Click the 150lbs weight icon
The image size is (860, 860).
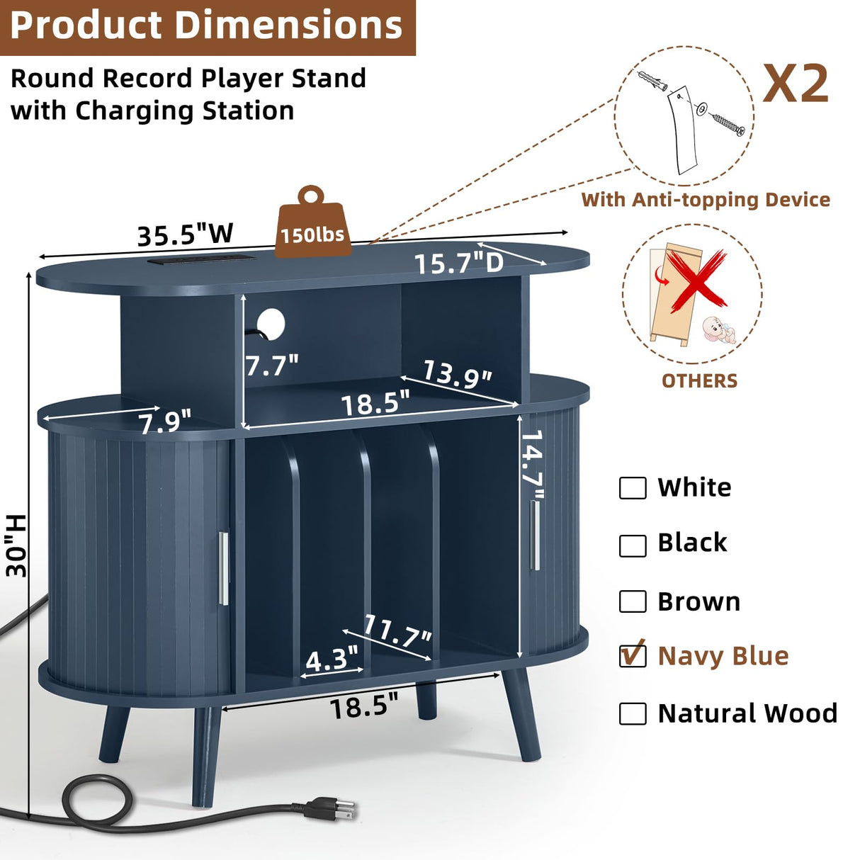pos(312,222)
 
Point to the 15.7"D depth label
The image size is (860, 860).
pos(459,263)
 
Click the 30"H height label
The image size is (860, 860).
pos(17,545)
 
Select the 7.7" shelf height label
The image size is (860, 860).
pos(271,365)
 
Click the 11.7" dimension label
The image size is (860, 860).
pos(397,630)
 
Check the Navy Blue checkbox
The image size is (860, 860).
pos(633,655)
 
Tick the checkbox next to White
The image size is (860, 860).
pos(633,487)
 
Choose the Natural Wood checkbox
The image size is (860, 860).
pos(633,713)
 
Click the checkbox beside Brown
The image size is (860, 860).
pos(633,601)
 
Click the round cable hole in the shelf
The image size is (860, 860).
pos(271,322)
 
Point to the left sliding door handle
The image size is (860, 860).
pos(224,568)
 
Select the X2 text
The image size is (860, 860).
pos(796,84)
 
